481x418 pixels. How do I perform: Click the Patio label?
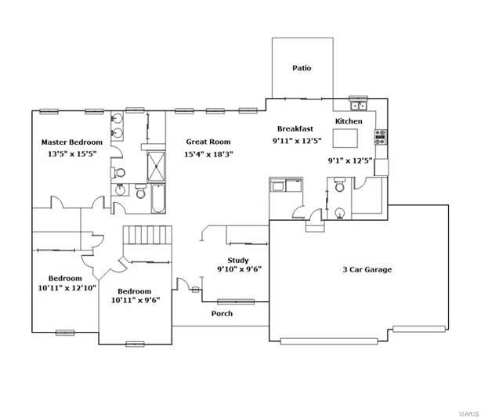(x=302, y=68)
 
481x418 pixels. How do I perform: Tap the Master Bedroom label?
(x=72, y=142)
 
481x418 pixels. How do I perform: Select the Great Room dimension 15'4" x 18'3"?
(x=208, y=154)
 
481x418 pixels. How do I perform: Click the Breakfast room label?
(x=295, y=128)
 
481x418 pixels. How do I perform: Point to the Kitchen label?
(x=349, y=121)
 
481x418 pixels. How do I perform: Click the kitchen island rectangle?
(x=345, y=139)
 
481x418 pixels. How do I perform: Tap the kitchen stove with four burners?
(x=381, y=137)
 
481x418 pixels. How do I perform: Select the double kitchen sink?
(x=358, y=105)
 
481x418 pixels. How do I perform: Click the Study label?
(x=237, y=261)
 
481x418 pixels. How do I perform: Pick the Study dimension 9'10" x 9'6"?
(x=239, y=269)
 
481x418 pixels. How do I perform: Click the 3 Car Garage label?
(x=367, y=270)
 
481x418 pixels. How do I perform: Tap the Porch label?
(x=222, y=313)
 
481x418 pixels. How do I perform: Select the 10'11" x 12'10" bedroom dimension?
(x=67, y=288)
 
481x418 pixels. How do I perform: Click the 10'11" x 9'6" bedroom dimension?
(x=136, y=301)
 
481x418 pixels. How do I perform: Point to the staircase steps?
(x=147, y=235)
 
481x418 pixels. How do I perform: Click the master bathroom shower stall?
(x=156, y=167)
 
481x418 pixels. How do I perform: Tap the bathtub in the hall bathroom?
(x=158, y=199)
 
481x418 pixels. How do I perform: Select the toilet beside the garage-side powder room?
(x=339, y=185)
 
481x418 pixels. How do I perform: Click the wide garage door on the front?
(x=329, y=341)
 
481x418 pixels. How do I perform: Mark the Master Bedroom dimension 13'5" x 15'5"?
(x=72, y=154)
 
